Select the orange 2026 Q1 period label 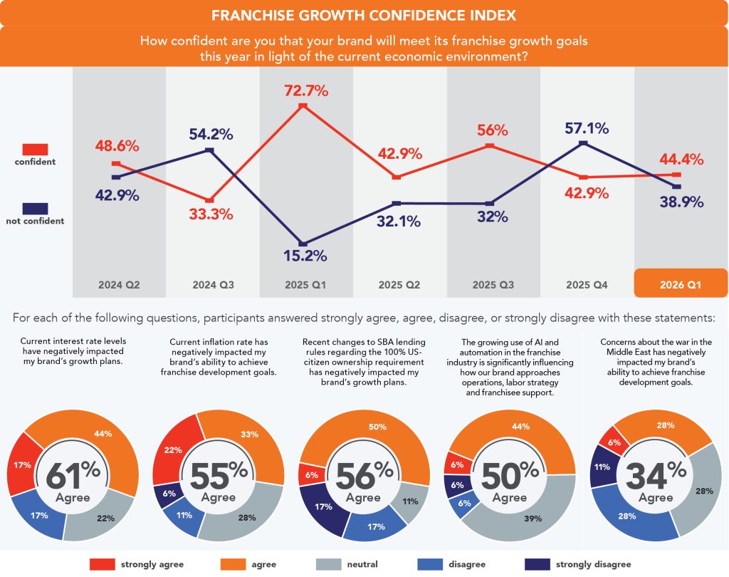pyautogui.click(x=680, y=284)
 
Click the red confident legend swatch pyautogui.click(x=35, y=149)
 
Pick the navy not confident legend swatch pyautogui.click(x=35, y=208)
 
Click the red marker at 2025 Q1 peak pyautogui.click(x=303, y=106)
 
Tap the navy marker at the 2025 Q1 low pyautogui.click(x=303, y=244)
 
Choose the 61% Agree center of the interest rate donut pyautogui.click(x=73, y=479)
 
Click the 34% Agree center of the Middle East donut pyautogui.click(x=656, y=479)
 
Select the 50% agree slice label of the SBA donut pyautogui.click(x=377, y=427)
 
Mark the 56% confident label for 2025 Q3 pyautogui.click(x=492, y=130)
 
